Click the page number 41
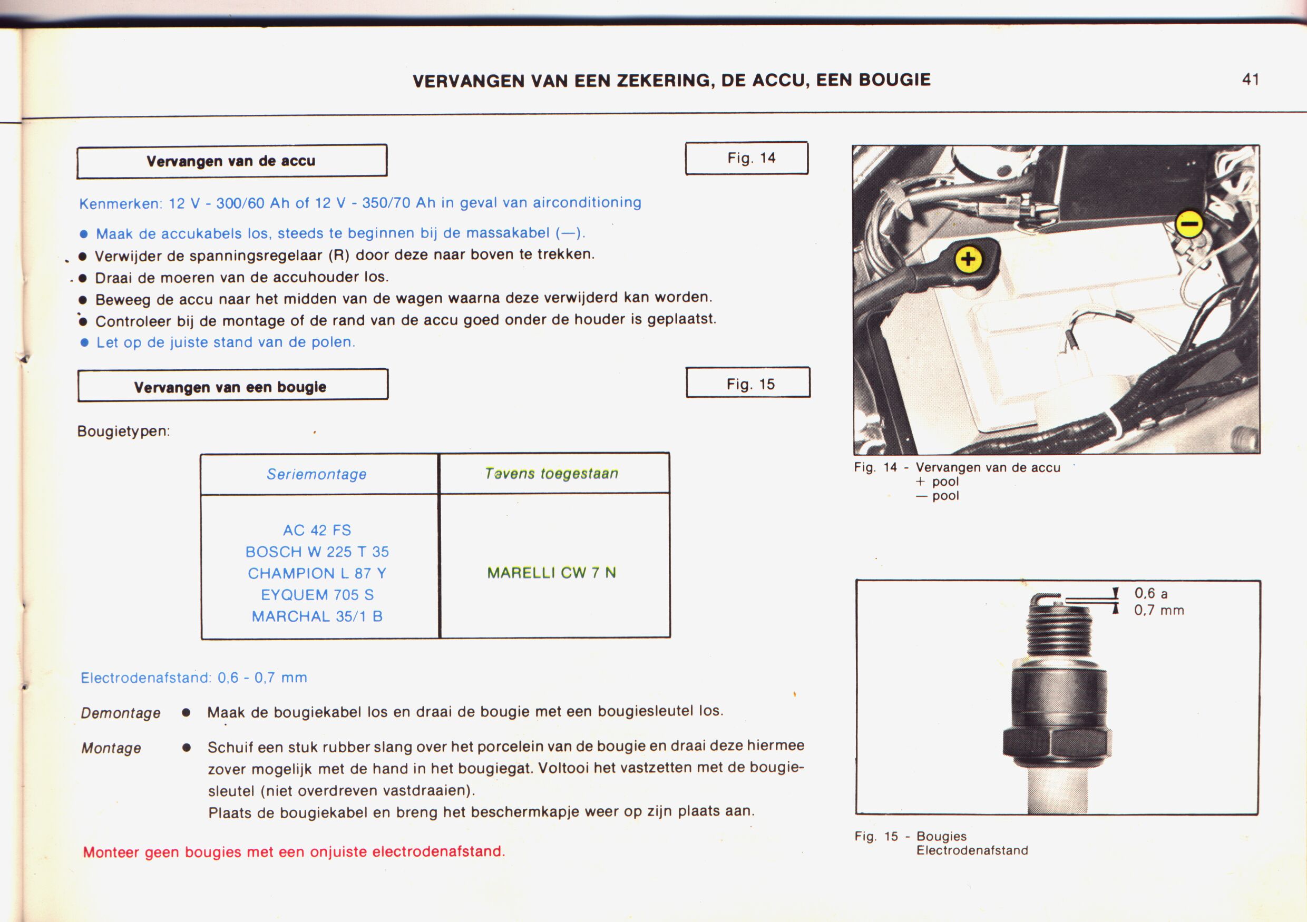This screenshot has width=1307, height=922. (x=1250, y=79)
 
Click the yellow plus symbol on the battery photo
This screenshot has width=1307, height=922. (x=968, y=260)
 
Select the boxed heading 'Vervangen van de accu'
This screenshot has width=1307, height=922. (x=231, y=161)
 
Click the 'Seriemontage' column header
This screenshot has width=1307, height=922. (x=317, y=474)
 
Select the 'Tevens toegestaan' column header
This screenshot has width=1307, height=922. (x=551, y=474)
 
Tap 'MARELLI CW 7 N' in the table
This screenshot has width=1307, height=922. (x=551, y=573)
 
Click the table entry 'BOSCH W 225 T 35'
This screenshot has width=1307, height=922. (x=317, y=552)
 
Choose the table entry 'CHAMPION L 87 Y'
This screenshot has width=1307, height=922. (x=317, y=573)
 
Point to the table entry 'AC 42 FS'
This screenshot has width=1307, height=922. (x=317, y=531)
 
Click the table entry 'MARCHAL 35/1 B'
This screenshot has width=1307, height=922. (x=317, y=616)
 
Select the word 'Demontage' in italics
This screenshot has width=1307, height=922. (x=121, y=713)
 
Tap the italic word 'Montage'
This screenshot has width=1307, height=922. (x=111, y=748)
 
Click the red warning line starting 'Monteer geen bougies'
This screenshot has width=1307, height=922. (x=294, y=852)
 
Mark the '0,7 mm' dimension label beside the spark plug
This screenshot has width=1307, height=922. (x=1158, y=611)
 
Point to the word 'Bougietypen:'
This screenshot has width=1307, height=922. (x=123, y=431)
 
